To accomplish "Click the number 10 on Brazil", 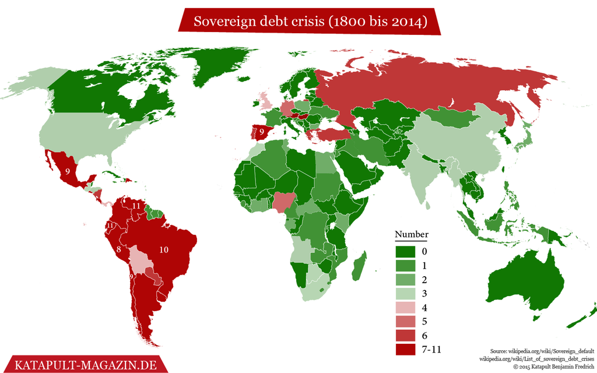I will [164, 250].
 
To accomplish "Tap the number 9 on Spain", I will [262, 132].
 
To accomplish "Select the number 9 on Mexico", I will [68, 171].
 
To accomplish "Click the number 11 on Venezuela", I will [136, 206].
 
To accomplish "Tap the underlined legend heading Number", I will [411, 235].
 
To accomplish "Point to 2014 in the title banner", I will [407, 22].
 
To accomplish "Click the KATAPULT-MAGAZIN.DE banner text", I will [81, 365].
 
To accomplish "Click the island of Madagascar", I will [360, 262].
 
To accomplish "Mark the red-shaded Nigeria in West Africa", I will [283, 201].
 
